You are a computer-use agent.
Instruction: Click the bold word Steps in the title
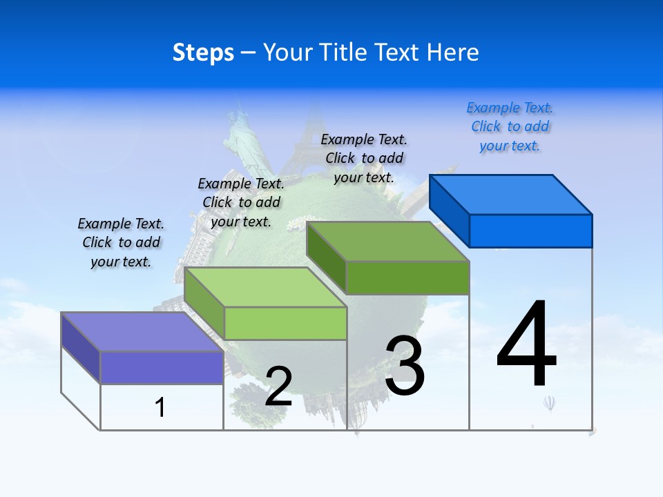[x=203, y=52]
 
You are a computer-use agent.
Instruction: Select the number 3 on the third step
[x=405, y=366]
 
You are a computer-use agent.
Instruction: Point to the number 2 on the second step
[x=278, y=387]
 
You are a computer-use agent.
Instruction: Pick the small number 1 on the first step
[x=160, y=407]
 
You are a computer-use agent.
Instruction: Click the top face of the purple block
[x=142, y=332]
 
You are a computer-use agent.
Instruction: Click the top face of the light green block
[x=265, y=287]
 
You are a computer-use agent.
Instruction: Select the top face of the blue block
[x=511, y=195]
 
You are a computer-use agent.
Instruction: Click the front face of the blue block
[x=530, y=231]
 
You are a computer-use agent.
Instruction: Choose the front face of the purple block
[x=162, y=367]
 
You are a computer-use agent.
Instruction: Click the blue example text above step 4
[x=510, y=127]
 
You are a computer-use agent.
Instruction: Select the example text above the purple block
[x=121, y=242]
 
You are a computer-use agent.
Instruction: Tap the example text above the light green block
[x=241, y=202]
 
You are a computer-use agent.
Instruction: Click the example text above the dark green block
[x=364, y=158]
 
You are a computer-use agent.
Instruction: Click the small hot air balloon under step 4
[x=549, y=402]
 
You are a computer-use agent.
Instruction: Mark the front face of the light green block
[x=285, y=323]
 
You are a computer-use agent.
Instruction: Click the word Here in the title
[x=453, y=52]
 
